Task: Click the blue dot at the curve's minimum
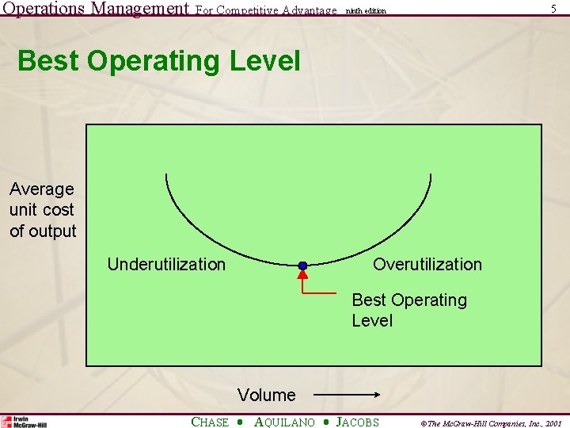302,266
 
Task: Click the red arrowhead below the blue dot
302,276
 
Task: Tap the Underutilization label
166,265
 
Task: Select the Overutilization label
427,264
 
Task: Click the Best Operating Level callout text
408,310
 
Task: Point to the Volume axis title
266,395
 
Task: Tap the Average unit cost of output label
43,210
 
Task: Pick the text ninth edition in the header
366,11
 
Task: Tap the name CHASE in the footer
210,422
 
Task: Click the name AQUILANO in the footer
284,422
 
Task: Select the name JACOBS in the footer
357,422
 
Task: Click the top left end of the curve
167,174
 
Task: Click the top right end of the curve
431,174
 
